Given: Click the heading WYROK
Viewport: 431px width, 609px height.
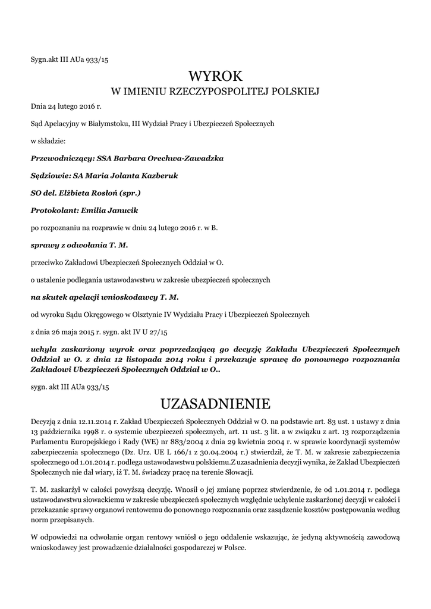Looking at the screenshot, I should pyautogui.click(x=215, y=76).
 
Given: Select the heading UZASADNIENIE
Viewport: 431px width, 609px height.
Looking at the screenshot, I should pyautogui.click(x=215, y=404).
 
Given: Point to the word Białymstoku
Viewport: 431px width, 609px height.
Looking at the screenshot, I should pyautogui.click(x=107, y=123).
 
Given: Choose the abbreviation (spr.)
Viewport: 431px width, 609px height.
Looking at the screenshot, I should pyautogui.click(x=130, y=193).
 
